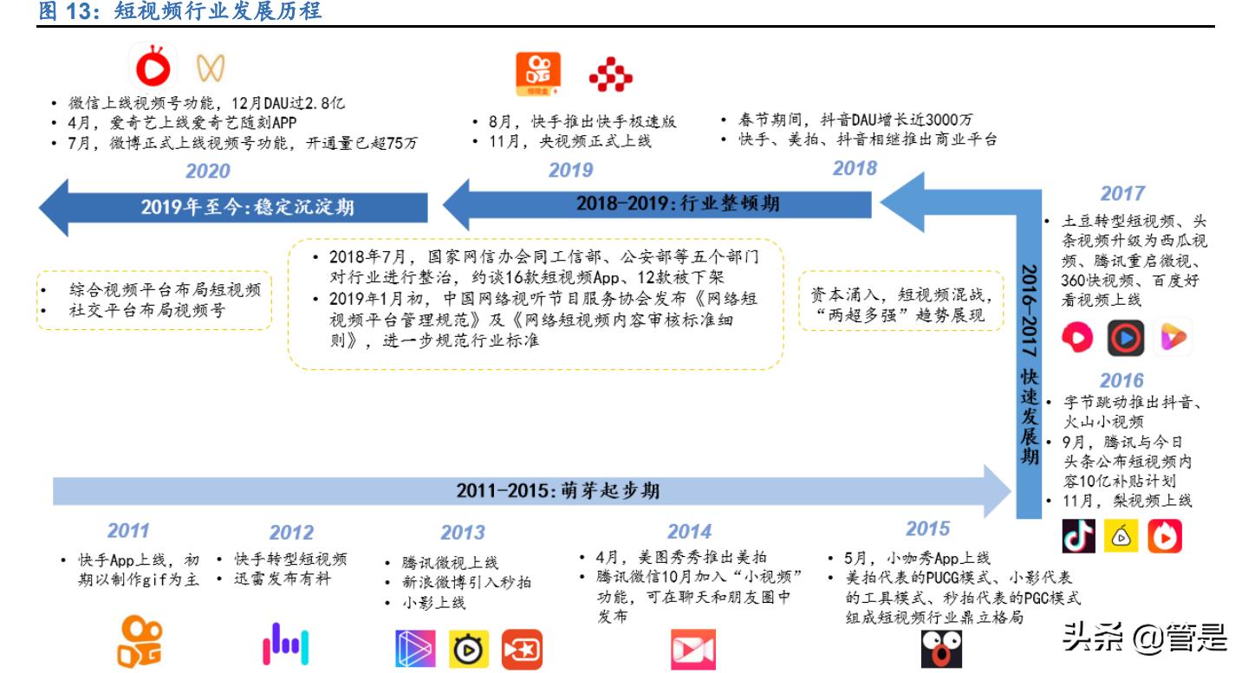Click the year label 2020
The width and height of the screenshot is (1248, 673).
coord(208,171)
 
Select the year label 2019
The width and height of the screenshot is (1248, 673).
coord(570,171)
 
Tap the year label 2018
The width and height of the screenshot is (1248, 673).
coord(855,168)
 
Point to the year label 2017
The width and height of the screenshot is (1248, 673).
coord(1122,193)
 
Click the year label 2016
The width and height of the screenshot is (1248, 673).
coord(1122,379)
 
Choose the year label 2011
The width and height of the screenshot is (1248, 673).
coord(128,530)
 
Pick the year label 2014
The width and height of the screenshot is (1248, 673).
coord(689,531)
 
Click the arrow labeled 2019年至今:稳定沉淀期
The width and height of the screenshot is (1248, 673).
coord(234,207)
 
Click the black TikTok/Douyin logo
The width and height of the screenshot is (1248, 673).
coord(1078,536)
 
